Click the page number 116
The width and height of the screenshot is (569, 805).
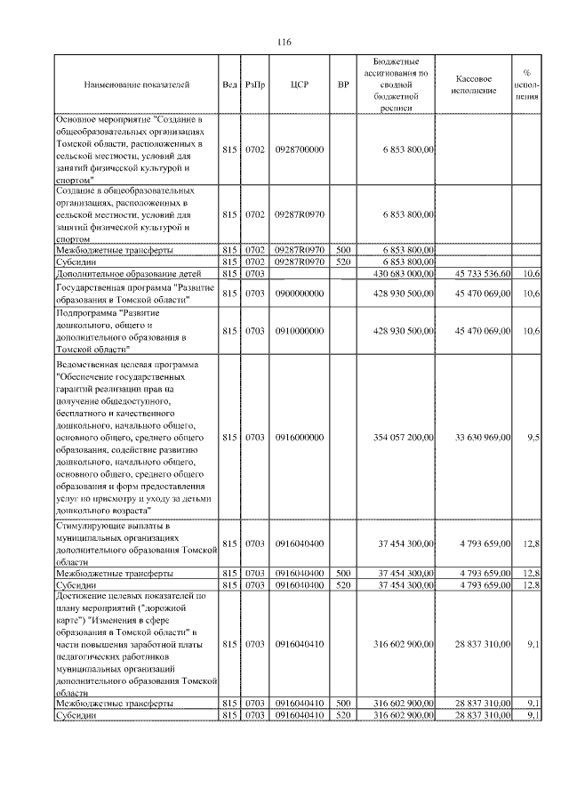[x=284, y=43]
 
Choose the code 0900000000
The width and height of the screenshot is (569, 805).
[x=299, y=293]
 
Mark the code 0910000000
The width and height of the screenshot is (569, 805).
[x=299, y=331]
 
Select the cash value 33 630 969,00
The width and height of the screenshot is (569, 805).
[x=482, y=437]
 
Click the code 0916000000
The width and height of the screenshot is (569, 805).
[x=299, y=437]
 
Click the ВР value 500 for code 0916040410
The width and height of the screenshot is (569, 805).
[x=343, y=703]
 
